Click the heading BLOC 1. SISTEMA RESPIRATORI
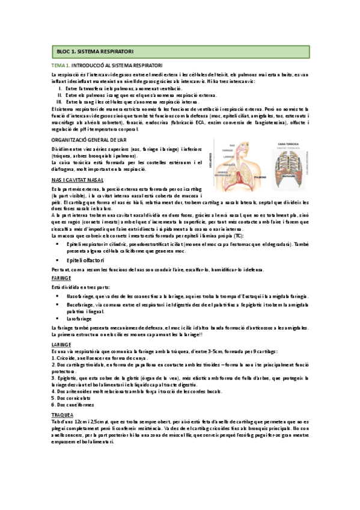coord(94,52)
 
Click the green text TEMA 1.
coord(61,65)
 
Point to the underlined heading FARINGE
coord(61,278)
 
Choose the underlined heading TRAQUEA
coord(63,414)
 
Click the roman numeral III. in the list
coord(59,102)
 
